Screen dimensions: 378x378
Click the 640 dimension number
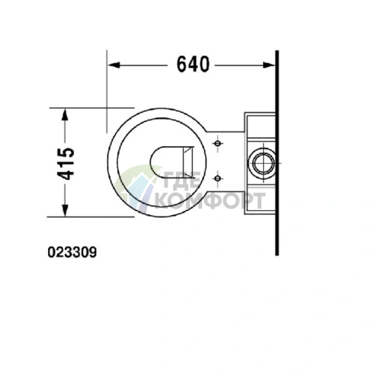coord(193,65)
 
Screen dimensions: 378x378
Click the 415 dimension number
coord(66,164)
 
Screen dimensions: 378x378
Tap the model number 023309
coord(72,252)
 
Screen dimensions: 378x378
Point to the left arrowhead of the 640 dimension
coord(114,65)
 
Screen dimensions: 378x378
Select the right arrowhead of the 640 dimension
coord(269,65)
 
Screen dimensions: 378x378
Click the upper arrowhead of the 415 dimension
coord(66,114)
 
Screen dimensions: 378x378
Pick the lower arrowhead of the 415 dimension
coord(66,210)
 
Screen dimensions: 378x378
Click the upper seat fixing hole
coord(218,143)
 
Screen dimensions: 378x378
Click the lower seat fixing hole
coord(218,178)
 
